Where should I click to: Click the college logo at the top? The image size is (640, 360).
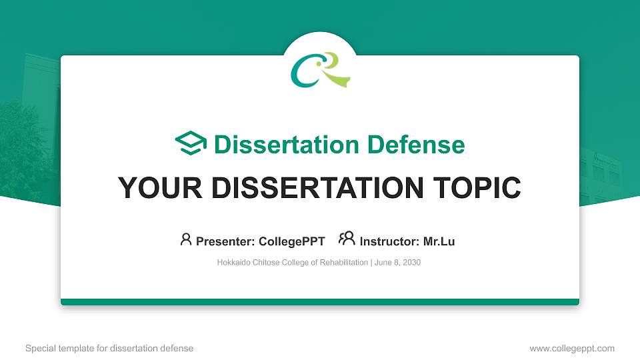coord(320,70)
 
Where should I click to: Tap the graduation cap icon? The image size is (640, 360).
coord(191,144)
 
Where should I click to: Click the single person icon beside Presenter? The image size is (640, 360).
coord(186,239)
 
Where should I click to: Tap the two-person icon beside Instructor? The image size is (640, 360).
coord(347,239)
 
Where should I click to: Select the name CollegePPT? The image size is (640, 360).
coord(292,241)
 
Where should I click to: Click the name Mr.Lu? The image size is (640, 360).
coord(439,241)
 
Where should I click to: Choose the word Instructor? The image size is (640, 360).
coord(389,241)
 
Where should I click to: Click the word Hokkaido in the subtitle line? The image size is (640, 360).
coord(233,263)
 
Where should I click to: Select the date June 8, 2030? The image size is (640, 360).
coord(397,263)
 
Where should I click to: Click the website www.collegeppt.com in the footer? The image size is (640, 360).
coord(572,348)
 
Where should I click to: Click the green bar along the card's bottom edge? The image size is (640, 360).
coord(320,302)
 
